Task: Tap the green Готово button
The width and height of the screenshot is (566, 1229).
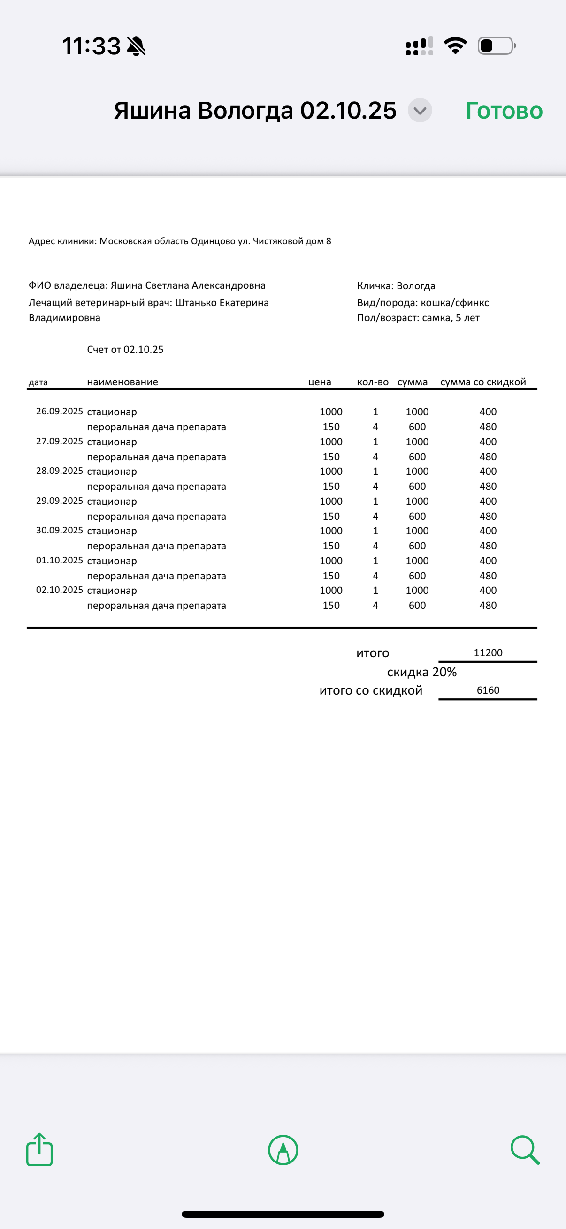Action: (504, 111)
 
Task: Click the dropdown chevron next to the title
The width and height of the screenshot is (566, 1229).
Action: (420, 111)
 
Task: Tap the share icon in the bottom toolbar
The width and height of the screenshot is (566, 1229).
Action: (39, 1150)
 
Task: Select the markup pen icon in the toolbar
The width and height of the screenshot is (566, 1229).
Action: (283, 1150)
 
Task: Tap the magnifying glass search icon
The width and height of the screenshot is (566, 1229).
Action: (525, 1150)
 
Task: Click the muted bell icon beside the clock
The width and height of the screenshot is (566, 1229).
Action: (137, 46)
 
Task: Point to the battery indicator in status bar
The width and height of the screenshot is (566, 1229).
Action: (496, 46)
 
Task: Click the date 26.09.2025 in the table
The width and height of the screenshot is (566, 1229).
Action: (59, 411)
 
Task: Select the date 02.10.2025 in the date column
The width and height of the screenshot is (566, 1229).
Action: (59, 590)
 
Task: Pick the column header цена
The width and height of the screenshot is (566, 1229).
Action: (320, 382)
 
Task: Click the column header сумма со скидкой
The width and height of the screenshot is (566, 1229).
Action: (483, 382)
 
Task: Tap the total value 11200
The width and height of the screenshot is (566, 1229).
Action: (488, 652)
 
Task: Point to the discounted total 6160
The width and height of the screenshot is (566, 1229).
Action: (488, 690)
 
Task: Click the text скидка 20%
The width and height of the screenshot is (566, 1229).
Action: (422, 672)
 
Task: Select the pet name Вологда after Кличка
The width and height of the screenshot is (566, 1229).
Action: (416, 286)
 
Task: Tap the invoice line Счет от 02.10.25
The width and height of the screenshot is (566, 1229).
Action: (125, 350)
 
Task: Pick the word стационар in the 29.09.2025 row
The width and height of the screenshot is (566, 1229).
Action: (112, 502)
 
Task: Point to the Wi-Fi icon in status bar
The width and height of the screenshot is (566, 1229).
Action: (455, 46)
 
